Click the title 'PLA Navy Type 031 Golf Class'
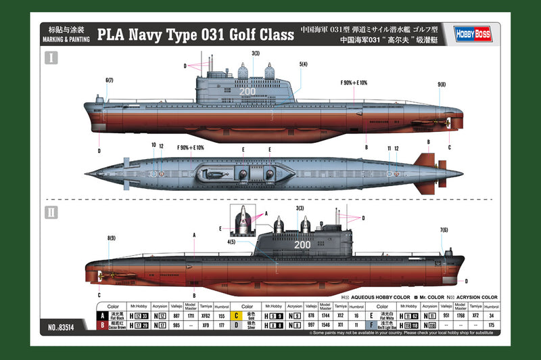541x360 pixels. (196, 34)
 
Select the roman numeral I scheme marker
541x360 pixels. (51, 58)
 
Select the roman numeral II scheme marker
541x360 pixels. (51, 211)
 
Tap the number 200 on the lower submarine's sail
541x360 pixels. (302, 244)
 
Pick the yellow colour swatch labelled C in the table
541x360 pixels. (237, 315)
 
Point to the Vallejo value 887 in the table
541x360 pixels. (176, 315)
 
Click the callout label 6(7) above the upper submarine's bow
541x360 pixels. (109, 81)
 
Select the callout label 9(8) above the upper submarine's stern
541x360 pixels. (442, 85)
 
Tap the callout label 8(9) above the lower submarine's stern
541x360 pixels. (111, 238)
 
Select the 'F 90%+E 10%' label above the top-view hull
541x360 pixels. (190, 147)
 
